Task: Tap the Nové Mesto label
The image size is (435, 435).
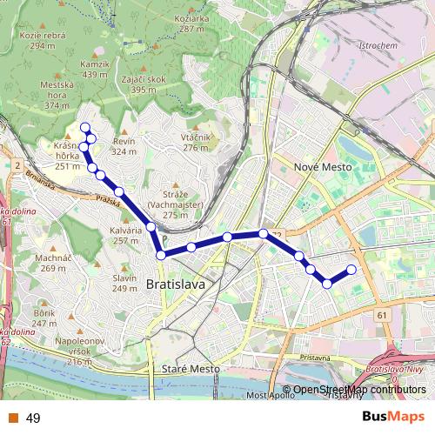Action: coord(323,165)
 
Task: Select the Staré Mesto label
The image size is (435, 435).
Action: coord(191,369)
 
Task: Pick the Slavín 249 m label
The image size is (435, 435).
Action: coord(124,283)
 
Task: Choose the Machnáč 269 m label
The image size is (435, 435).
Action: coord(53,263)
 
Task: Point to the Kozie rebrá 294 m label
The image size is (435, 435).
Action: coord(48,39)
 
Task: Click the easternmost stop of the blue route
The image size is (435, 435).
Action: coord(352,269)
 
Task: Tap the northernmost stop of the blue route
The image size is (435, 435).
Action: coord(85,128)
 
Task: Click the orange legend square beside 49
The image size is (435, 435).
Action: coord(14,418)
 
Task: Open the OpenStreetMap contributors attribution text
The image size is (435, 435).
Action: coord(359,390)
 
